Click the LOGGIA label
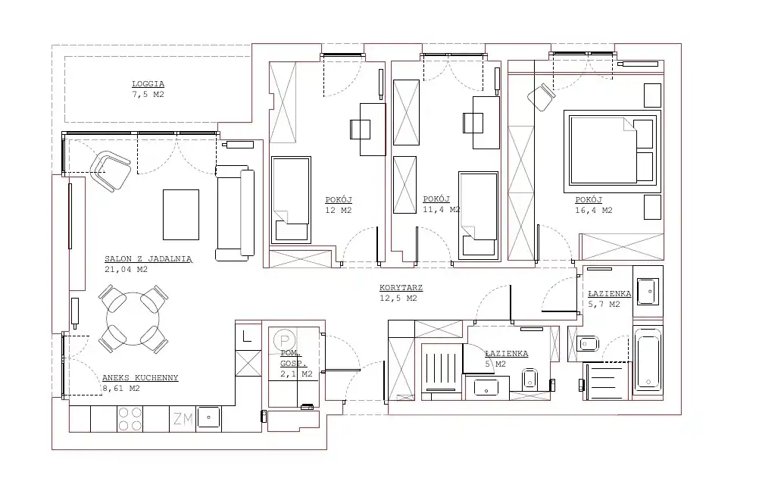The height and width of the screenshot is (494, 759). (148, 84)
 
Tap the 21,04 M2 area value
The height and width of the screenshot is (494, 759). (126, 269)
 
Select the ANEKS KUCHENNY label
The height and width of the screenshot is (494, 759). (140, 378)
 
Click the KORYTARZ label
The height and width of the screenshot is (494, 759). (401, 288)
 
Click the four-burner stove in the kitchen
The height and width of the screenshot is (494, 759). (130, 419)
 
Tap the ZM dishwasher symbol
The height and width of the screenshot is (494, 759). (183, 419)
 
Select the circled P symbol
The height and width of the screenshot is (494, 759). (285, 340)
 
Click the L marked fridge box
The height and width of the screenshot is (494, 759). (248, 336)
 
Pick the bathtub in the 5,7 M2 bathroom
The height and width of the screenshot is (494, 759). (648, 359)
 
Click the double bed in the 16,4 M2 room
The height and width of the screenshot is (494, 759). (612, 151)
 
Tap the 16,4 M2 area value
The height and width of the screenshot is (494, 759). (594, 210)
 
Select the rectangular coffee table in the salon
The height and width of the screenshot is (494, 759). (181, 214)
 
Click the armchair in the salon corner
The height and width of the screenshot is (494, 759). (111, 170)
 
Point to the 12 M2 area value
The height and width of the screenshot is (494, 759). (339, 210)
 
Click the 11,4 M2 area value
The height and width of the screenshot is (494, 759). (441, 210)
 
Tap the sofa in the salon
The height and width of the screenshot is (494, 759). (235, 213)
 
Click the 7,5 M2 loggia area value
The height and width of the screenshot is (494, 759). (148, 95)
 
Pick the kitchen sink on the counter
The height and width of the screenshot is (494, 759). (208, 417)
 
